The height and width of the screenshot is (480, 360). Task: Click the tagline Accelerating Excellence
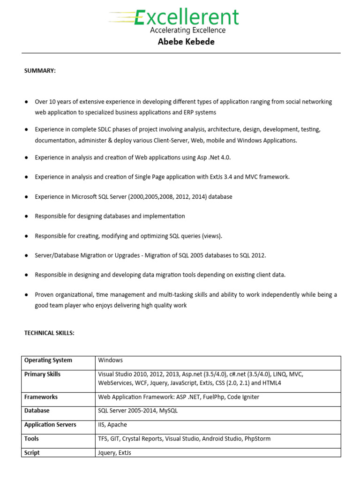point(187,30)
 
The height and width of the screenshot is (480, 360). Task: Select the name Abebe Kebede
point(187,42)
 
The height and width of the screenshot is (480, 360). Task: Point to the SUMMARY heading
point(40,70)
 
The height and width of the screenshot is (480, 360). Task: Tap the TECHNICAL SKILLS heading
point(49,333)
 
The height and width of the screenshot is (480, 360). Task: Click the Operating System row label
point(48,360)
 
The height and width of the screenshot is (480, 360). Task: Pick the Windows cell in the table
point(111,360)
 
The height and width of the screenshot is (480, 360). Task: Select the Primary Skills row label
point(42,375)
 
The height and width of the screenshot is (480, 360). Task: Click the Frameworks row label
point(41,397)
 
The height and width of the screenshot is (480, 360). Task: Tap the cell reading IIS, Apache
point(112,425)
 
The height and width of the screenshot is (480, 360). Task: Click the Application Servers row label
point(50,425)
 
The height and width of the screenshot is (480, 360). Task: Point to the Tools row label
point(31,439)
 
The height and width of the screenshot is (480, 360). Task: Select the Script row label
point(32,453)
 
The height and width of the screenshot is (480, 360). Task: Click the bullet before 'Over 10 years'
point(26,102)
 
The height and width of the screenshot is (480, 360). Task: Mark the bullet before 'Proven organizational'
point(26,295)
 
